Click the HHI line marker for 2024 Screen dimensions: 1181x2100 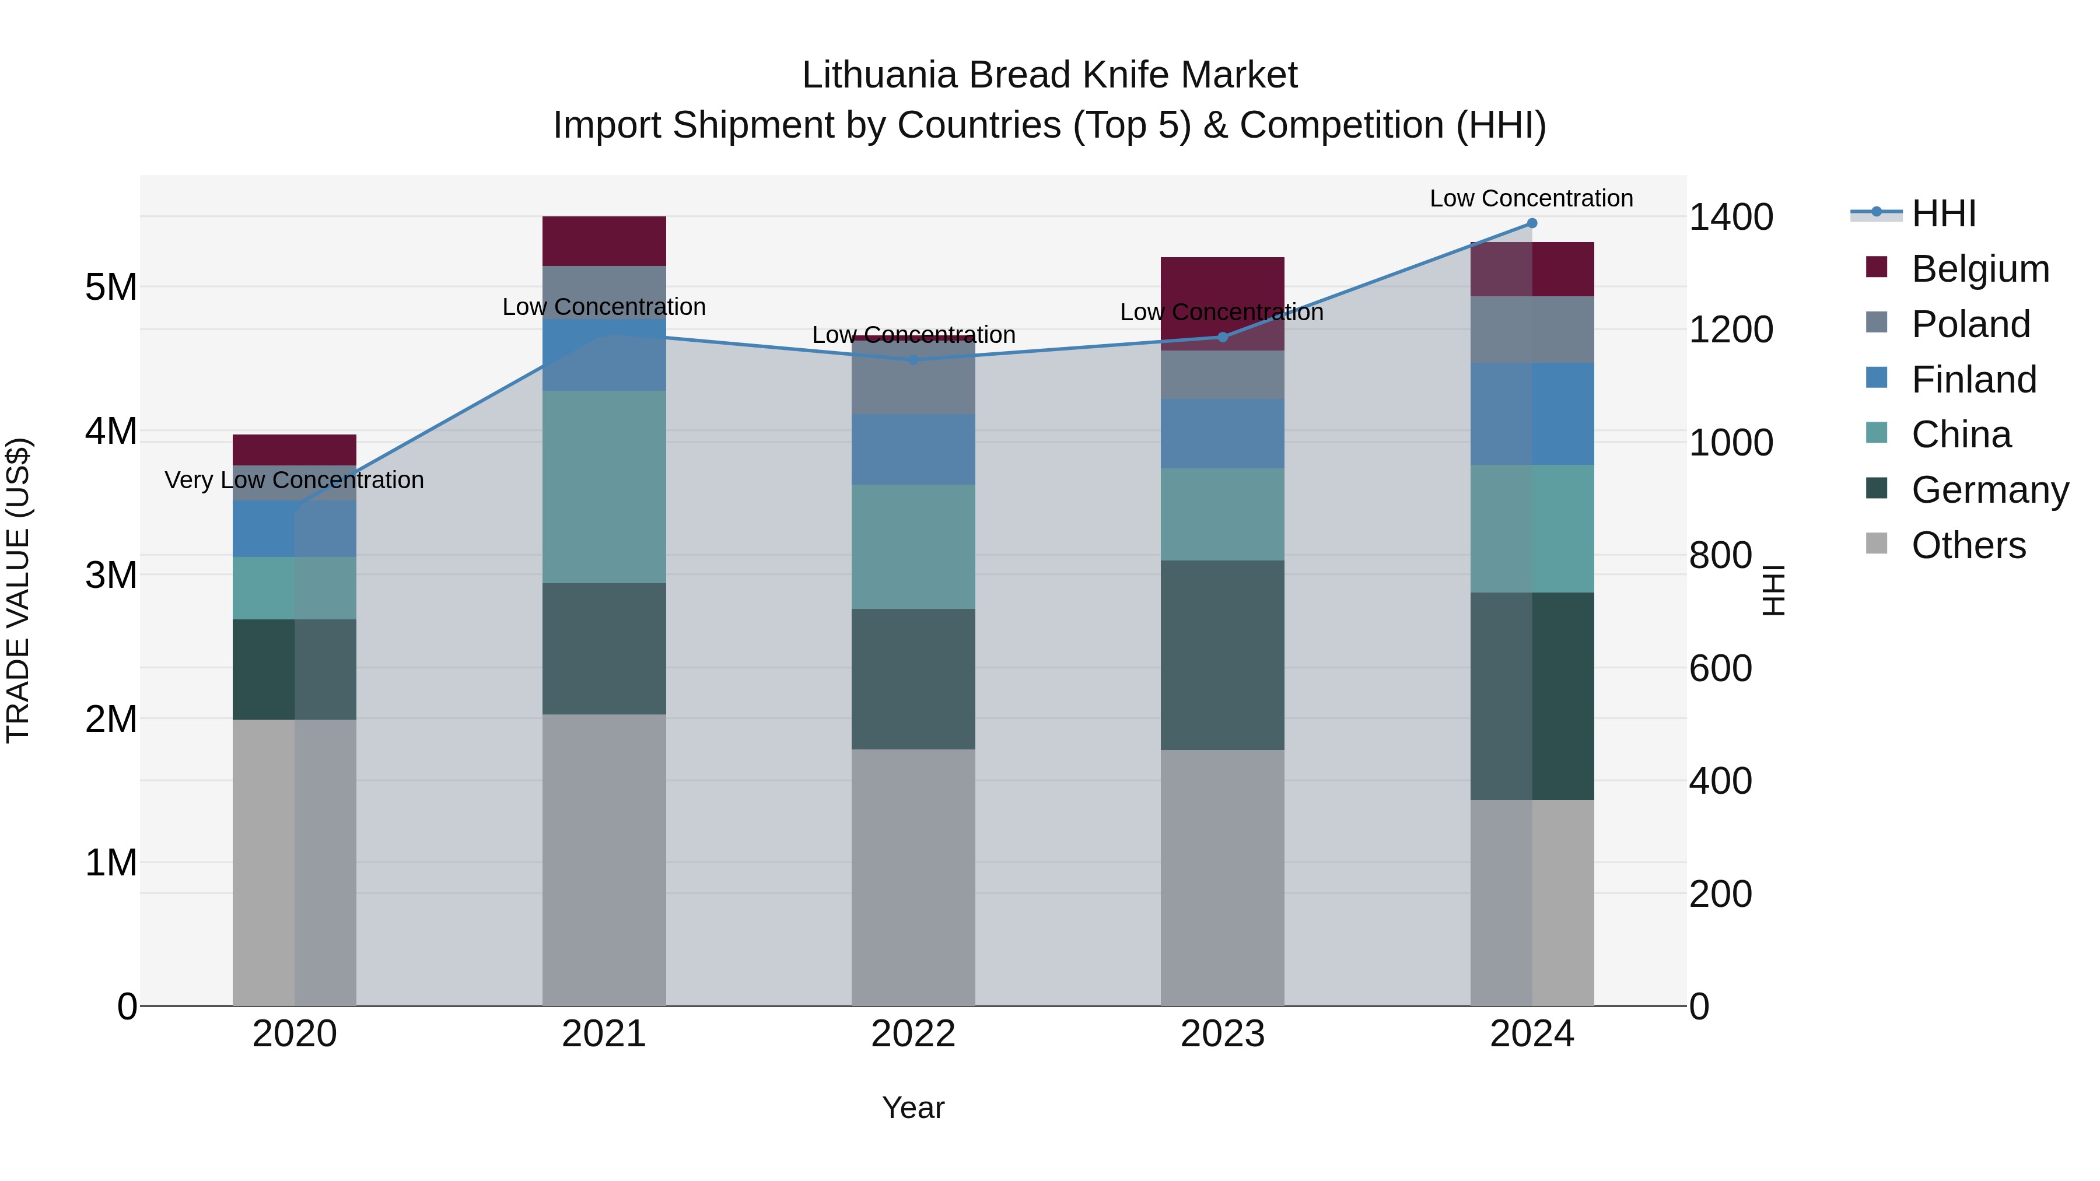click(x=1532, y=223)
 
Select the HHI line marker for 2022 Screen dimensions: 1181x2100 click(x=913, y=359)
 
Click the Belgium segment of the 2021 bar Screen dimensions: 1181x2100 click(x=604, y=241)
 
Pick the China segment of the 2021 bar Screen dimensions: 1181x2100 click(x=604, y=486)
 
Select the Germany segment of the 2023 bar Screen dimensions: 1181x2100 click(x=1222, y=656)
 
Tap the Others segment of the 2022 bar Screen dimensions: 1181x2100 click(x=913, y=877)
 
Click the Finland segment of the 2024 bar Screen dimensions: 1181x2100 click(x=1532, y=414)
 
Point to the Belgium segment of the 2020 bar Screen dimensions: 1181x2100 click(x=295, y=450)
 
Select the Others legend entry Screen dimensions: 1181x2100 click(x=1968, y=545)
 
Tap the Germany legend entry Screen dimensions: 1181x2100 click(x=1989, y=490)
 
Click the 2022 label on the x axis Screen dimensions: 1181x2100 click(x=913, y=1034)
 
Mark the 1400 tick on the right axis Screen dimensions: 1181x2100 click(x=1730, y=218)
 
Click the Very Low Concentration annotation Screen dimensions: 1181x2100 click(x=295, y=480)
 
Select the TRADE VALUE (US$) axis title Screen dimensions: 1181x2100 click(x=18, y=590)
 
